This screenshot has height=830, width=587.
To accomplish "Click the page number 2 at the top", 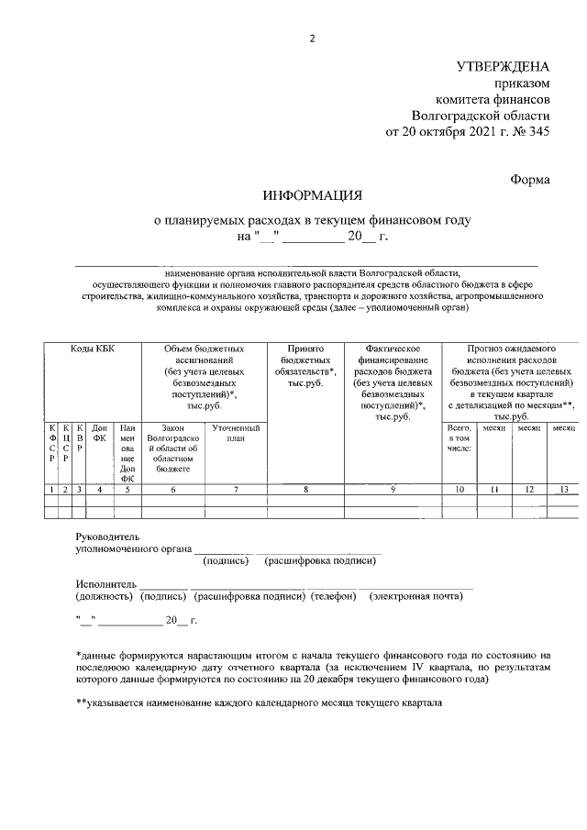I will pyautogui.click(x=312, y=38).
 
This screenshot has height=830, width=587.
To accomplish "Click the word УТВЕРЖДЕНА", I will pyautogui.click(x=504, y=66).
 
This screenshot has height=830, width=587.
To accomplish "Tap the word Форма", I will pyautogui.click(x=530, y=180).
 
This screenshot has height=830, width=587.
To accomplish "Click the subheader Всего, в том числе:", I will pyautogui.click(x=459, y=438).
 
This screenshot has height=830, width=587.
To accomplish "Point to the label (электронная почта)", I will pyautogui.click(x=415, y=597).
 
